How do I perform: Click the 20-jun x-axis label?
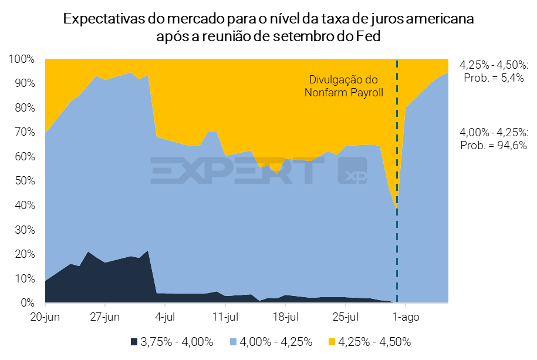pos(45,318)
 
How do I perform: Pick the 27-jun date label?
pos(105,318)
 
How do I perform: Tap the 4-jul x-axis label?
pos(165,318)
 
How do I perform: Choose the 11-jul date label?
pos(225,318)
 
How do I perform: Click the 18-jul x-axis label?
pos(285,318)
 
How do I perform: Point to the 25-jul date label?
pos(345,318)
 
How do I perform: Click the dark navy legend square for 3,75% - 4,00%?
pos(134,341)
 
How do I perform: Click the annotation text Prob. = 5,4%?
pos(494,78)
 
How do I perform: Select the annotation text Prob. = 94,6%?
pos(494,144)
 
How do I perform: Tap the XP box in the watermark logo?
pos(352,170)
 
